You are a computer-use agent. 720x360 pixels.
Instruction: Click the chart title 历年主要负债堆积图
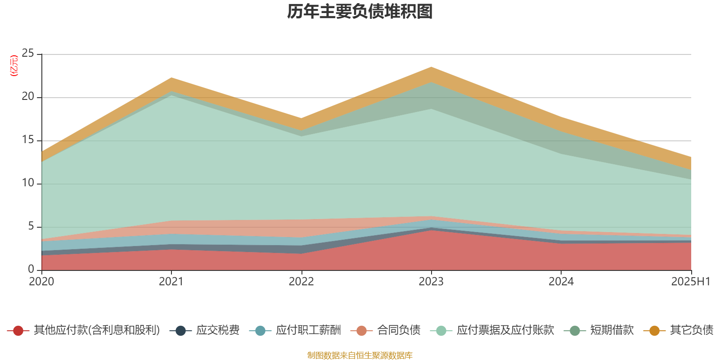click(x=360, y=12)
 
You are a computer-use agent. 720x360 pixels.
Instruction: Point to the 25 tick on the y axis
click(x=28, y=54)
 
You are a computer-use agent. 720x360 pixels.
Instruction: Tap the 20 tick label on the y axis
click(x=28, y=97)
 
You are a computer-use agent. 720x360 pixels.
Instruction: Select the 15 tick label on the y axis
click(x=28, y=140)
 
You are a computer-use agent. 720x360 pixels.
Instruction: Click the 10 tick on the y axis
click(x=28, y=183)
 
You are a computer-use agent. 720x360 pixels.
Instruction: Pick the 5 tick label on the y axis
click(x=31, y=226)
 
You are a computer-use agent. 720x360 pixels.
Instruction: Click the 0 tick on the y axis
click(x=31, y=270)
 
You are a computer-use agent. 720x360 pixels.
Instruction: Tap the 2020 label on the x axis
click(x=41, y=282)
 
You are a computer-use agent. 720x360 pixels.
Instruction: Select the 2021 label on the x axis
click(x=171, y=282)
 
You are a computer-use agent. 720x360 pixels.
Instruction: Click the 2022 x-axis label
click(x=301, y=282)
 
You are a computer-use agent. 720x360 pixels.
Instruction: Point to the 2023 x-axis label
click(x=431, y=282)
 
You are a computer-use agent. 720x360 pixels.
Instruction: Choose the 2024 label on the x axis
click(x=561, y=282)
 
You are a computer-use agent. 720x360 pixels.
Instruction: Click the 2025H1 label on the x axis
click(x=690, y=282)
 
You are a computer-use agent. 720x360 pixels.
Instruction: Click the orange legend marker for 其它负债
click(x=654, y=331)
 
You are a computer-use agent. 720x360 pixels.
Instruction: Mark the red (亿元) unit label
click(x=14, y=66)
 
